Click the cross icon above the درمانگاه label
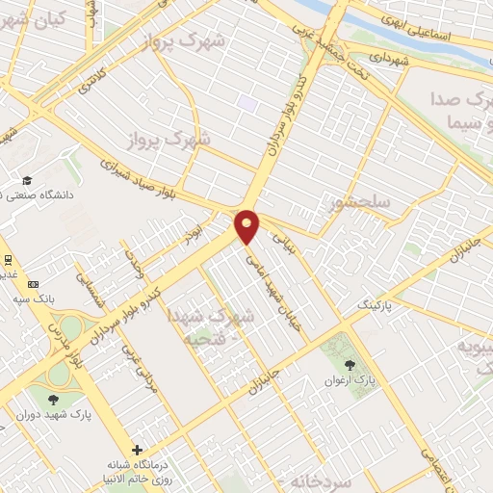click(x=137, y=450)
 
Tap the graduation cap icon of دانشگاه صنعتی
click(x=28, y=181)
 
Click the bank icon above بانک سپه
click(x=34, y=284)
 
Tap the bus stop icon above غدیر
click(x=8, y=259)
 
